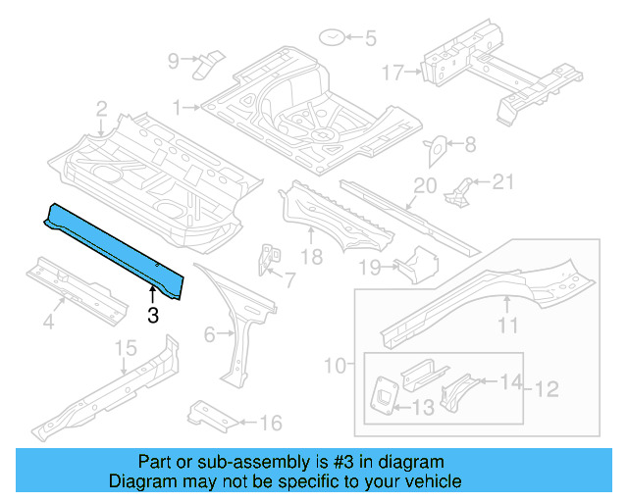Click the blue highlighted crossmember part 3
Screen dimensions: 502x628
pos(113,244)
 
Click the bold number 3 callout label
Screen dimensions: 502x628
pos(152,315)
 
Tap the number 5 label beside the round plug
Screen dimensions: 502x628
pos(370,39)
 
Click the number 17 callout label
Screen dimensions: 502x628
pos(392,72)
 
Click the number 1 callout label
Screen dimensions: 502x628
pos(178,106)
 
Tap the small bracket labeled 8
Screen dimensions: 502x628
pos(434,148)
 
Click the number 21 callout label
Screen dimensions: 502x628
pos(502,180)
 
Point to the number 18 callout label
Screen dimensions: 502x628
pos(311,258)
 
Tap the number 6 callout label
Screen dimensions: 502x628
pos(209,334)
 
